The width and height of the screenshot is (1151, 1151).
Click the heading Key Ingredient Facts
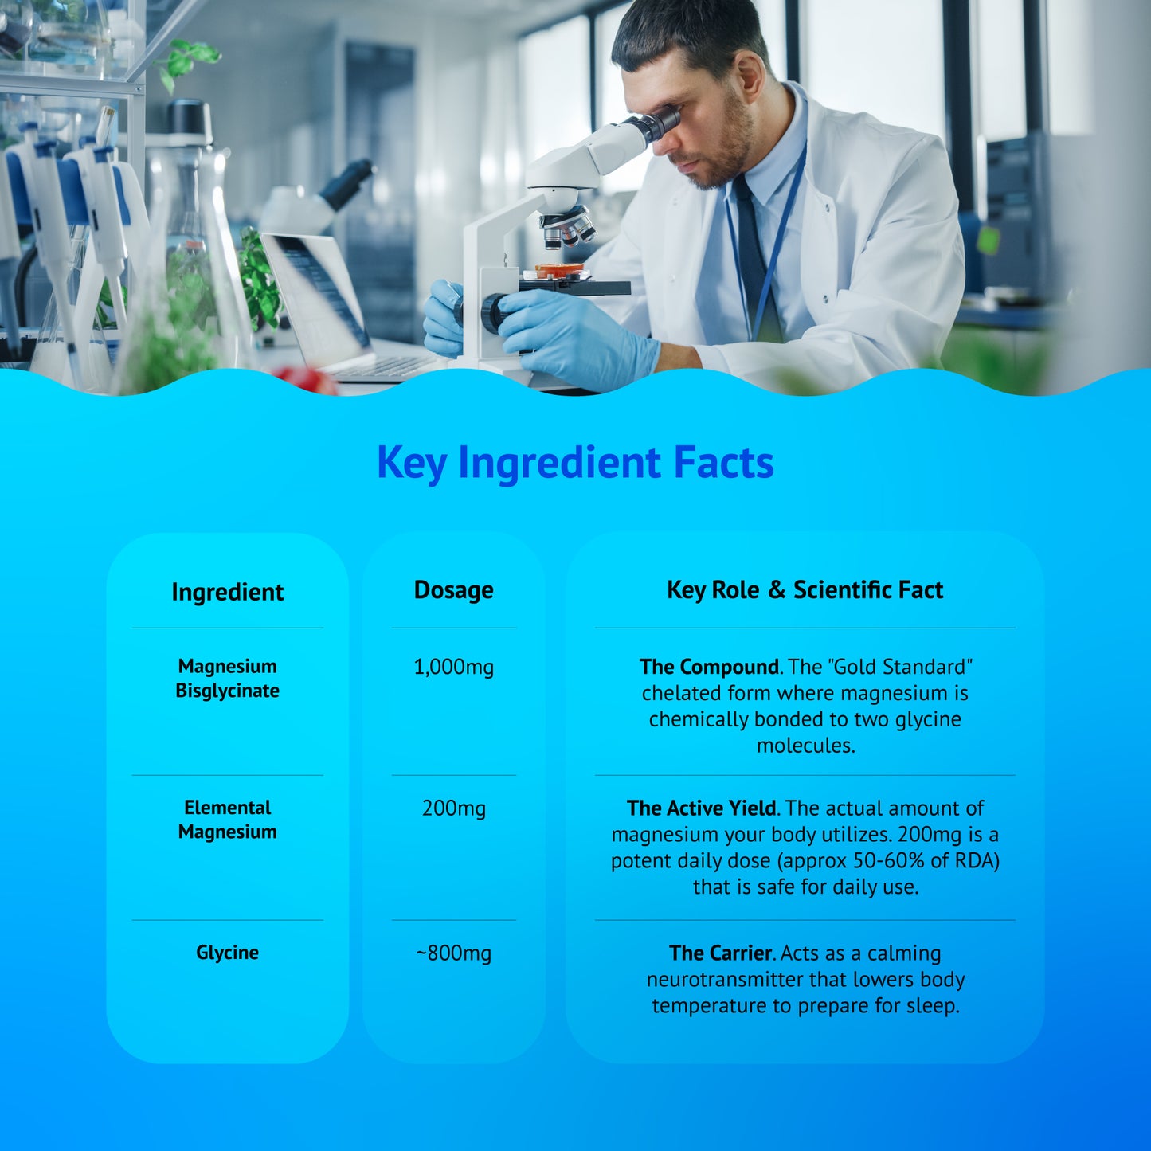pos(575,463)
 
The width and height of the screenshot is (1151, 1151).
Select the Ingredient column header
pos(227,592)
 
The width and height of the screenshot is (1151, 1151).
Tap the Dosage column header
pos(453,590)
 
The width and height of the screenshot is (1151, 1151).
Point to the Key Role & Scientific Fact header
pos(805,590)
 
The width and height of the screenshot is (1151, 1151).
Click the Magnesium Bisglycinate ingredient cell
pos(227,679)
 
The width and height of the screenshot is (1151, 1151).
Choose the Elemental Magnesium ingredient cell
pos(227,820)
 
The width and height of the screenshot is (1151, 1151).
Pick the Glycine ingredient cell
pos(227,953)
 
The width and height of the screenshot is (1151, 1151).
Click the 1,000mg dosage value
pos(453,667)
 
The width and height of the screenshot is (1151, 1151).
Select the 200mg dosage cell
pos(453,808)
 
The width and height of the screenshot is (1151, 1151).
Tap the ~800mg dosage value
pos(453,953)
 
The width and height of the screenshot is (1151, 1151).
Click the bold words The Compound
pos(709,667)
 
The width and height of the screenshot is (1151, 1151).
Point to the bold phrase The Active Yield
pos(701,808)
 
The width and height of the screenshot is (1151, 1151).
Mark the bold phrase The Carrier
pos(720,953)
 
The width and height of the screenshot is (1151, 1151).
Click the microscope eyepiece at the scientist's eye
pos(661,123)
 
